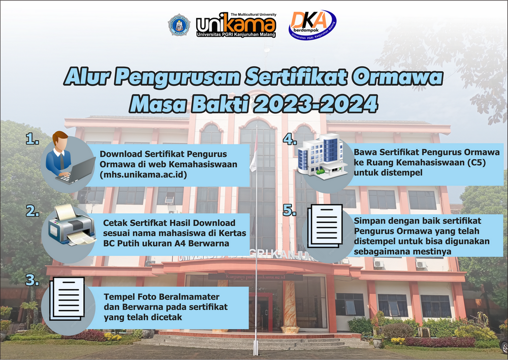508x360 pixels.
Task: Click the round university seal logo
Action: (x=179, y=24)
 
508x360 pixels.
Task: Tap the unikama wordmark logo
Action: (x=236, y=25)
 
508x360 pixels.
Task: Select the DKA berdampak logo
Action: (x=312, y=25)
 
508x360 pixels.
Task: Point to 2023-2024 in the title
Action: (x=315, y=104)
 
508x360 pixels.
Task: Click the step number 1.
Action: (x=33, y=139)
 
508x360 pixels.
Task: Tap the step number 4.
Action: (x=290, y=139)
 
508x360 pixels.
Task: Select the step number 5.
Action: (x=290, y=210)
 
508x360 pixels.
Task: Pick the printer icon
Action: (x=72, y=225)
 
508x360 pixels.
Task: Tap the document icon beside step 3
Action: (x=67, y=298)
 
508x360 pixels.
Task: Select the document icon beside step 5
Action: (x=325, y=226)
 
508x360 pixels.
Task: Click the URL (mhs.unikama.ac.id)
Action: (x=144, y=175)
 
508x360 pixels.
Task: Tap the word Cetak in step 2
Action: (x=115, y=223)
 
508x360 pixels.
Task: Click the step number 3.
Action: (x=33, y=280)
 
